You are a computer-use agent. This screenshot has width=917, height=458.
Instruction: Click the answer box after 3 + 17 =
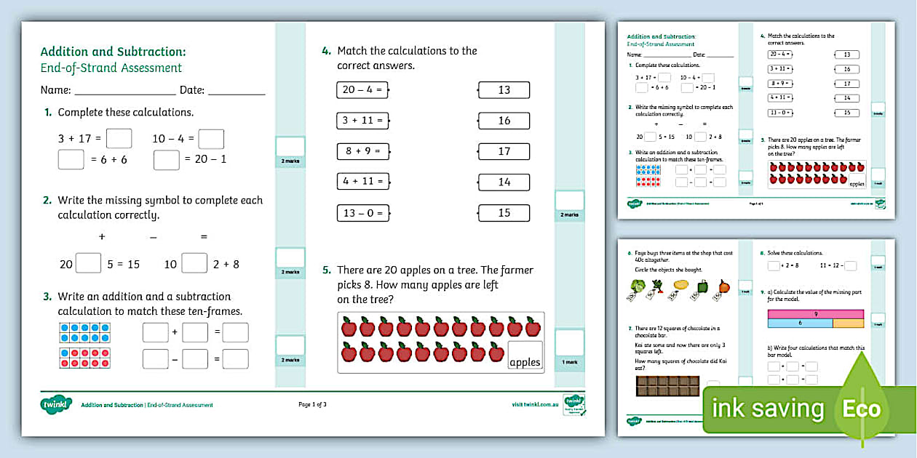(x=119, y=138)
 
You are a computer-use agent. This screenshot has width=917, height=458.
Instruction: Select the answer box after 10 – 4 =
(x=211, y=138)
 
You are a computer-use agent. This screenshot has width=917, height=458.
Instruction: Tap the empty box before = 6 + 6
(x=71, y=159)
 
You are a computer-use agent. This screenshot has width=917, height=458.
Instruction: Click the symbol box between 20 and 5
(x=88, y=263)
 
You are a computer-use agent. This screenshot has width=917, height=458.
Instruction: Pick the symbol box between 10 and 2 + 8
(x=194, y=263)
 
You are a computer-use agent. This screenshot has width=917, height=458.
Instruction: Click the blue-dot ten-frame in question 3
(x=84, y=332)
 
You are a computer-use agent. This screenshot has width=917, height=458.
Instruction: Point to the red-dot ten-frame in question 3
(x=84, y=358)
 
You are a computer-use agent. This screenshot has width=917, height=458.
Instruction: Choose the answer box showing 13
(x=504, y=90)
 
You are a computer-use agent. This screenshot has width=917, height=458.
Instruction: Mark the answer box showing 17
(x=504, y=151)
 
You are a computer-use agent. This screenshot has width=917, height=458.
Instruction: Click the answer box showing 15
(x=504, y=213)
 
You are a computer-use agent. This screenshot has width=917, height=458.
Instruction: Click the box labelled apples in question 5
(x=525, y=355)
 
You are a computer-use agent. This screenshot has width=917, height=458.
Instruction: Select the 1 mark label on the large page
(x=569, y=361)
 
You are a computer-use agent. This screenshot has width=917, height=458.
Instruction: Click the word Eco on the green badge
(x=862, y=409)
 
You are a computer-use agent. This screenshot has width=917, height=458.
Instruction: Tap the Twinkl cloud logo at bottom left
(x=56, y=404)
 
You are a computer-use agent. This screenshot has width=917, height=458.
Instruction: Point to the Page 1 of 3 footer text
(x=313, y=405)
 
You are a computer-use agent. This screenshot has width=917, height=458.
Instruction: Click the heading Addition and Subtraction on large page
(x=113, y=52)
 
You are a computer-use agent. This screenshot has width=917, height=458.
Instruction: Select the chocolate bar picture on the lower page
(x=667, y=385)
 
